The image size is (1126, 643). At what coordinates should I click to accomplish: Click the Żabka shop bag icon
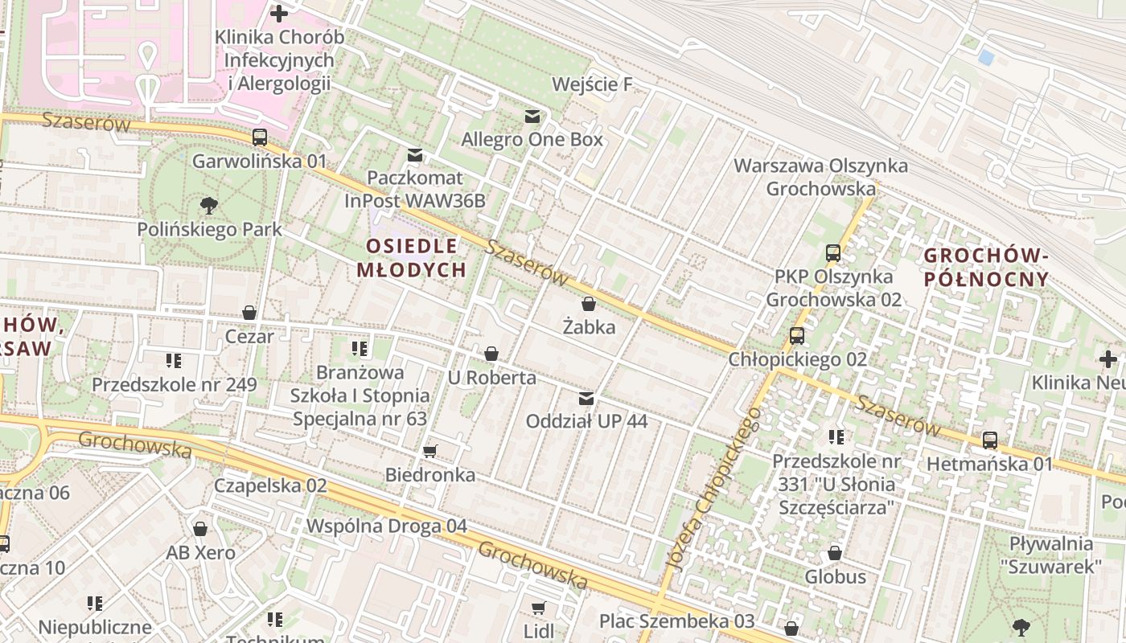(x=589, y=304)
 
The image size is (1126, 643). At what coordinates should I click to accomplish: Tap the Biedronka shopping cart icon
(x=429, y=451)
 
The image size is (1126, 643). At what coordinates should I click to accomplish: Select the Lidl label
(x=539, y=630)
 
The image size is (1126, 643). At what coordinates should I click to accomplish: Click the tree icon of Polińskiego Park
(x=209, y=205)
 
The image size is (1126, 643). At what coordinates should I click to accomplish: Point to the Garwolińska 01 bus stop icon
(x=259, y=137)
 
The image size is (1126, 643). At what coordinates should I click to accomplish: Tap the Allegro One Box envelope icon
(x=532, y=117)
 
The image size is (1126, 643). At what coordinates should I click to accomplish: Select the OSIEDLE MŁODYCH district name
(x=411, y=257)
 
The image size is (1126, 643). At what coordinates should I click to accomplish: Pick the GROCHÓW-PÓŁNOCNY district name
(x=986, y=267)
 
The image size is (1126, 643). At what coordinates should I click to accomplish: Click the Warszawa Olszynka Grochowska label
(x=820, y=178)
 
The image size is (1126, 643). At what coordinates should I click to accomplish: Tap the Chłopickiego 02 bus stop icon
(x=797, y=335)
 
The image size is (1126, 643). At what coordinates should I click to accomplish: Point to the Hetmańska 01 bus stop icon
(x=989, y=440)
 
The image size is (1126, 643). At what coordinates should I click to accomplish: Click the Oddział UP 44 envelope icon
(x=586, y=398)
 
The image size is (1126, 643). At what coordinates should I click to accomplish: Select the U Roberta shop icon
(x=491, y=354)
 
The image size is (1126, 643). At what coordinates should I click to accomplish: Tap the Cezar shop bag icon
(x=249, y=313)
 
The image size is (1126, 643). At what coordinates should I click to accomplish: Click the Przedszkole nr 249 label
(x=174, y=384)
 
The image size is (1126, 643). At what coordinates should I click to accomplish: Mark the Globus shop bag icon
(x=835, y=553)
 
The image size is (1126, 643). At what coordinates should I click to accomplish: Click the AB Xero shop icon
(x=200, y=529)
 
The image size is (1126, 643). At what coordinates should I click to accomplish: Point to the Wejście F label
(x=592, y=84)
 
